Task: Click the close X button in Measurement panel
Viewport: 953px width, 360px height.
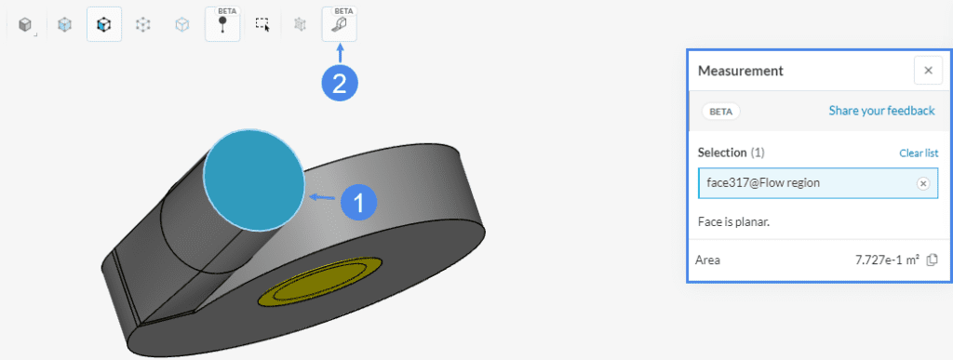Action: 928,71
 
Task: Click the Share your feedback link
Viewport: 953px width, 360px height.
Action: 881,111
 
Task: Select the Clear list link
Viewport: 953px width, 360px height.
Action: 919,153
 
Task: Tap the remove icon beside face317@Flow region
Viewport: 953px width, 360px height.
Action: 923,183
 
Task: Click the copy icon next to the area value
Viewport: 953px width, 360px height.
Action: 931,260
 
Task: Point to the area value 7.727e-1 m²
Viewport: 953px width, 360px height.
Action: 887,260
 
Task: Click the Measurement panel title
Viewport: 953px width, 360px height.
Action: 740,71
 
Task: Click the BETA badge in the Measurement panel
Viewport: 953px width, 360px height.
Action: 721,111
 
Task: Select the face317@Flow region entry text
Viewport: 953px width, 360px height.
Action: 763,182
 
